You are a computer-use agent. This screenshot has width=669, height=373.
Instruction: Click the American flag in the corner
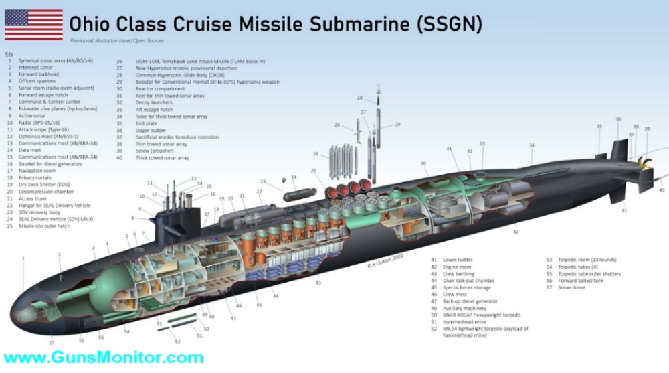[33, 25]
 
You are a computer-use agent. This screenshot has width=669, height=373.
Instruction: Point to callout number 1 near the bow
[23, 258]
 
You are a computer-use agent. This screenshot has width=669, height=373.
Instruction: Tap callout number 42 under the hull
[515, 232]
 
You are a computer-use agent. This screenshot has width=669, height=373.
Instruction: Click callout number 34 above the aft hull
[532, 145]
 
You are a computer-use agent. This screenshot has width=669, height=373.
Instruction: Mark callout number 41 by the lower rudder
[624, 211]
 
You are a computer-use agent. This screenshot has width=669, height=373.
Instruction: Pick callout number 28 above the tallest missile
[359, 98]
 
